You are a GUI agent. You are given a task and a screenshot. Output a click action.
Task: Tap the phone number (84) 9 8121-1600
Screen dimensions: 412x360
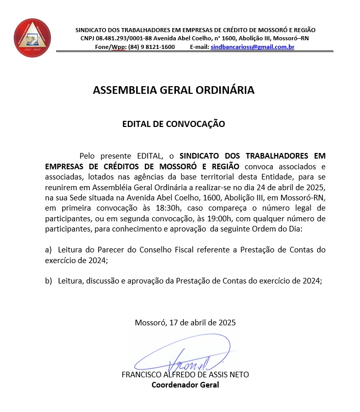[x=151, y=47]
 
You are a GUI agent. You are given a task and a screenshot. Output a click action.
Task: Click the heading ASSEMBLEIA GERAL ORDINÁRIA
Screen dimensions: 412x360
[x=173, y=90]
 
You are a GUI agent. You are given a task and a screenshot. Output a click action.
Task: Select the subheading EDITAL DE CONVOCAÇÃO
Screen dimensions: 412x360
[x=173, y=123]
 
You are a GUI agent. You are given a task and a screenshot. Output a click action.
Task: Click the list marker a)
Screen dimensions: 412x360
[x=48, y=250]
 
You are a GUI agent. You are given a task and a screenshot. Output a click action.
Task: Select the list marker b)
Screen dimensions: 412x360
[x=48, y=281]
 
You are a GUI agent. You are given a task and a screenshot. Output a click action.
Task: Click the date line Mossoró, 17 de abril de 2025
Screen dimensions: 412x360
[x=185, y=322]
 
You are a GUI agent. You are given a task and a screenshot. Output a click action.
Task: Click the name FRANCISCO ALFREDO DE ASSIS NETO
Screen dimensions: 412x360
[x=185, y=375]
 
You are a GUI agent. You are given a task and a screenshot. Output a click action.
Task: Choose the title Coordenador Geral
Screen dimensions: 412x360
[x=185, y=384]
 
